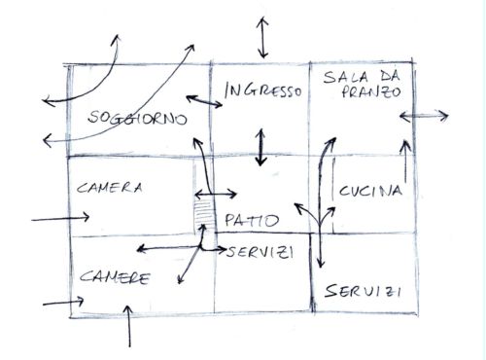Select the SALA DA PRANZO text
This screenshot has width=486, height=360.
click(364, 85)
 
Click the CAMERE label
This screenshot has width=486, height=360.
click(115, 277)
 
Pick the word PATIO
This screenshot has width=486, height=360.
click(249, 219)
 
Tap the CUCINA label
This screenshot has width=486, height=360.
click(370, 192)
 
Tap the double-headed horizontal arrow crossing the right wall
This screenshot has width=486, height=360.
click(424, 118)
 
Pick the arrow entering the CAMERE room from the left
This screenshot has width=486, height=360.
click(62, 304)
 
